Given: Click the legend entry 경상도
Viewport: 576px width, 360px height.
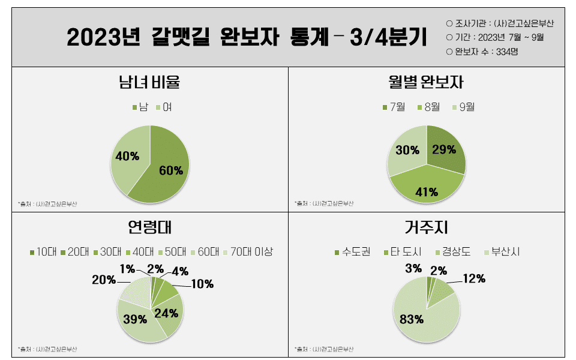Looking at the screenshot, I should (455, 251).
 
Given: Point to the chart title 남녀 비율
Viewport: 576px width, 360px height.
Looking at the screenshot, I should (149, 82).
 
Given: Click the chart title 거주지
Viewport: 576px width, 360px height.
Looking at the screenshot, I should (426, 228).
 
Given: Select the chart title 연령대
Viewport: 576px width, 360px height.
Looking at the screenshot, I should (150, 228).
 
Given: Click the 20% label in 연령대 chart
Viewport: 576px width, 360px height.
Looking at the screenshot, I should (103, 280).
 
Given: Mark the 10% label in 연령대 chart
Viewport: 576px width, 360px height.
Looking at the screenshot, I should (202, 284).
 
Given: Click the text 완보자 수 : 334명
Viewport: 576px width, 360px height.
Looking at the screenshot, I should (486, 52).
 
